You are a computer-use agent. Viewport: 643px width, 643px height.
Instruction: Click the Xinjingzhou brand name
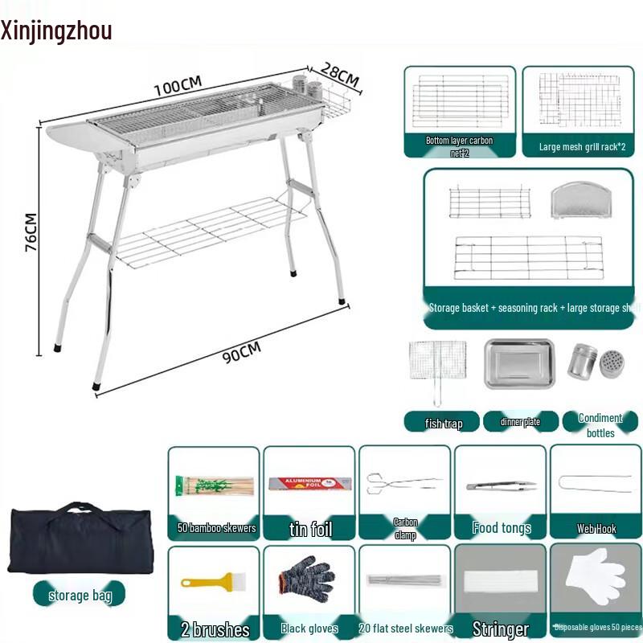coord(56,31)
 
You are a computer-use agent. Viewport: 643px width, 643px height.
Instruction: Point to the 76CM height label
coord(31,233)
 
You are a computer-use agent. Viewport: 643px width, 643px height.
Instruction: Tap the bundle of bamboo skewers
coord(213,486)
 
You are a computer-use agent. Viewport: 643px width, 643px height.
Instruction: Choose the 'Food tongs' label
coord(502,528)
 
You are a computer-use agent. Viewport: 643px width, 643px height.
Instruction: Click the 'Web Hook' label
coord(596,529)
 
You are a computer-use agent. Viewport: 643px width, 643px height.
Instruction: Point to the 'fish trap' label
coord(444,423)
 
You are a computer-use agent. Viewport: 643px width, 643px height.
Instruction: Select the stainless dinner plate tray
coord(518,364)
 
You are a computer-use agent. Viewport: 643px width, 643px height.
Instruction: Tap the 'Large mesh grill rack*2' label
coord(583,148)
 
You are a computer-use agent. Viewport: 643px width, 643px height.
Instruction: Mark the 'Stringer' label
coord(501,629)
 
